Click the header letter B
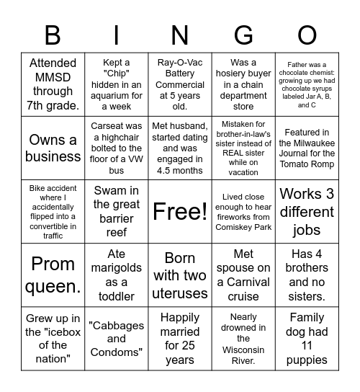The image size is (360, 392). (x=53, y=35)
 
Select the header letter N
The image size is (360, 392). (x=180, y=35)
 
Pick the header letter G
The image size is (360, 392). (x=243, y=35)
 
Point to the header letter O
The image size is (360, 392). (x=307, y=35)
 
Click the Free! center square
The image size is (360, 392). (x=180, y=211)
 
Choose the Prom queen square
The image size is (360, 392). (x=53, y=275)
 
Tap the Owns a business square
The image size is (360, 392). (x=53, y=148)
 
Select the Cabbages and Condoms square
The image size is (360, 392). (x=117, y=338)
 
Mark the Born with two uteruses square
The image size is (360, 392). (x=180, y=275)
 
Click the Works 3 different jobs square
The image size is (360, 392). (x=307, y=211)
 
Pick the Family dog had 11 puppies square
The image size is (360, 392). (x=307, y=338)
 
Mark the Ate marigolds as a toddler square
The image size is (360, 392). (x=117, y=275)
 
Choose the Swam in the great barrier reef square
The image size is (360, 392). (x=117, y=211)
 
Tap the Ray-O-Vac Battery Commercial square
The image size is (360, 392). (x=180, y=84)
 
